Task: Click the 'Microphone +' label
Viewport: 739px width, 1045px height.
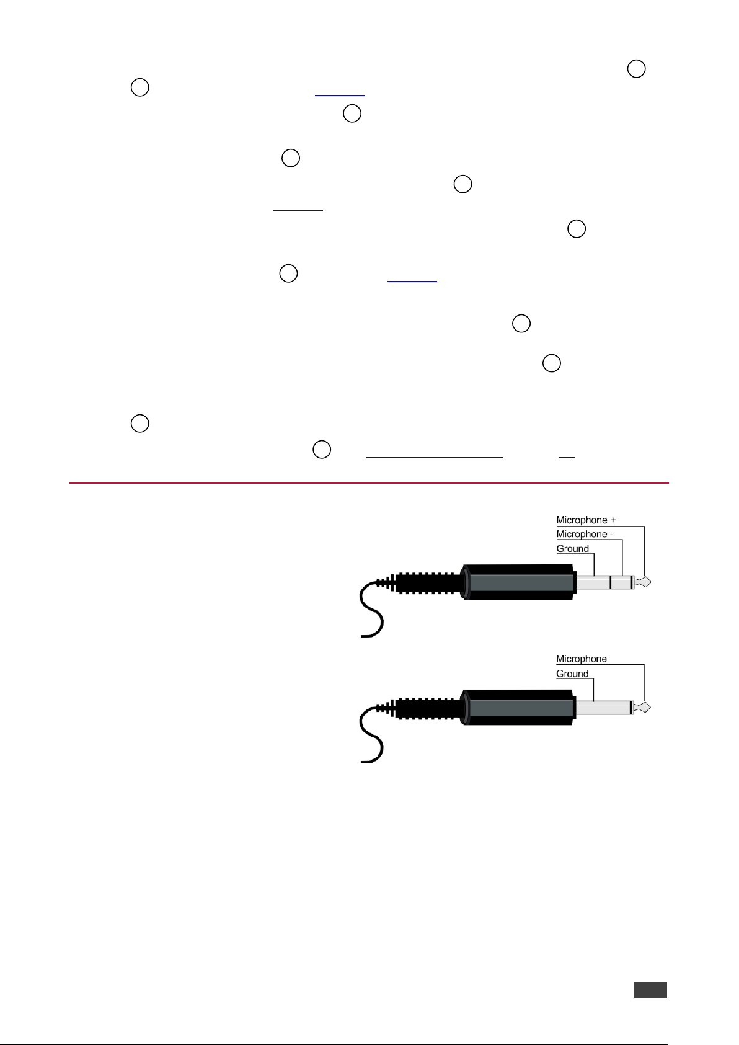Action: tap(586, 520)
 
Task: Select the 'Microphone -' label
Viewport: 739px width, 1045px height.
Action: tap(584, 534)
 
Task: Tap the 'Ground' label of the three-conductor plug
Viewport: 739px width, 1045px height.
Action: tap(572, 548)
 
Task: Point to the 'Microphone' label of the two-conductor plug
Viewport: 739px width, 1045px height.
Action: tap(581, 659)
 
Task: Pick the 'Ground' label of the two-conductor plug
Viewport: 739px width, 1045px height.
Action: tap(572, 673)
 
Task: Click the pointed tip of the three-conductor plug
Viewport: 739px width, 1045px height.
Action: tap(651, 582)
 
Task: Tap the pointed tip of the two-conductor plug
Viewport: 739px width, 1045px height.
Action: tap(651, 707)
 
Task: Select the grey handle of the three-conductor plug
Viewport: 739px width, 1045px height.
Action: tap(518, 582)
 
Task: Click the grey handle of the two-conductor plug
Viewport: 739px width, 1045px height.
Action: tap(518, 707)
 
